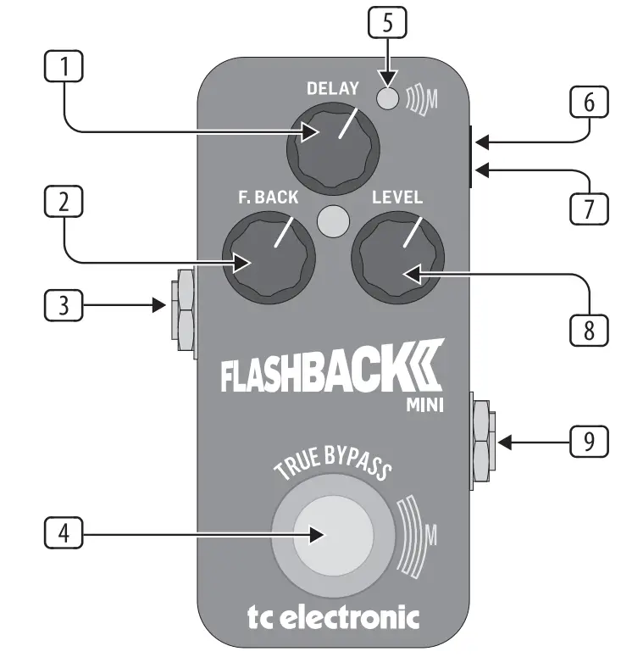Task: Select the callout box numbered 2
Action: (64, 204)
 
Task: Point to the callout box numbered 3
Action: (64, 305)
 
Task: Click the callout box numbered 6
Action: (588, 103)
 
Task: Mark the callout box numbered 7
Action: (588, 203)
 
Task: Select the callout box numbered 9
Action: (588, 441)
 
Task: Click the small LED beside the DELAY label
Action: (387, 99)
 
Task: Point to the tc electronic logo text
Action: (333, 616)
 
